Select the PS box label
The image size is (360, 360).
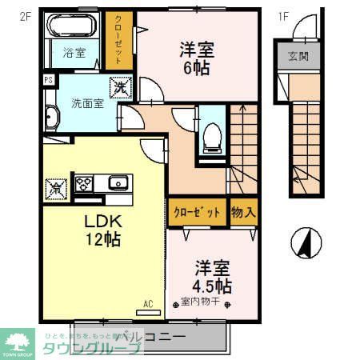coord(48,80)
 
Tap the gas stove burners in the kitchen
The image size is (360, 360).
coord(84,183)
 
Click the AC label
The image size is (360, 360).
coord(148,304)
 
